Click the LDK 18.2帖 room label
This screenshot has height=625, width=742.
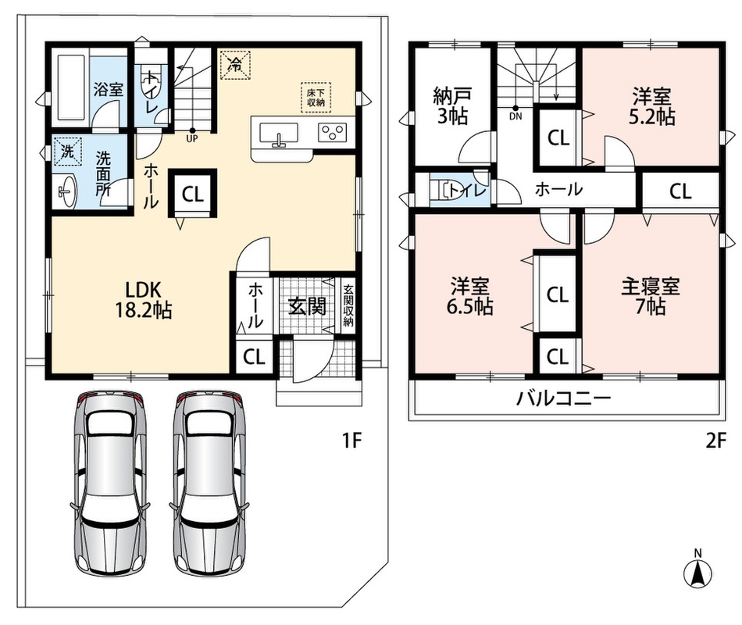(x=144, y=300)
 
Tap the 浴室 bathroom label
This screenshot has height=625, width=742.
(x=109, y=89)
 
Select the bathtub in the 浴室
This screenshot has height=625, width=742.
(x=71, y=87)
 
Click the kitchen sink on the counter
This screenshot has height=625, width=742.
(x=279, y=134)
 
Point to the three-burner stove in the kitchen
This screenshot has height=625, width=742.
(x=332, y=131)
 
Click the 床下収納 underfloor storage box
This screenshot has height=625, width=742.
(x=316, y=98)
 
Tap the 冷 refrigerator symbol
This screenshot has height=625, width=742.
(x=235, y=64)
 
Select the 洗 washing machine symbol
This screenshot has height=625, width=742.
(x=68, y=151)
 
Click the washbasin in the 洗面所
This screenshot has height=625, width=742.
(x=66, y=191)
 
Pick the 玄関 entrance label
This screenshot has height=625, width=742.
(x=308, y=307)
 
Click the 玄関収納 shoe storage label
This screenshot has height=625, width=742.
(x=348, y=305)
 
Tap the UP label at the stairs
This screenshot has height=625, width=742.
(x=192, y=139)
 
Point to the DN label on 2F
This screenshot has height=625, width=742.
(x=515, y=116)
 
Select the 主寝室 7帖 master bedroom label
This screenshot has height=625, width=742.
(x=651, y=297)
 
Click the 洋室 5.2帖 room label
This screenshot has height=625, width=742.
(x=651, y=107)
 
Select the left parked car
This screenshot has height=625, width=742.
(x=111, y=483)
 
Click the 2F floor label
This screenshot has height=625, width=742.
(x=715, y=441)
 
